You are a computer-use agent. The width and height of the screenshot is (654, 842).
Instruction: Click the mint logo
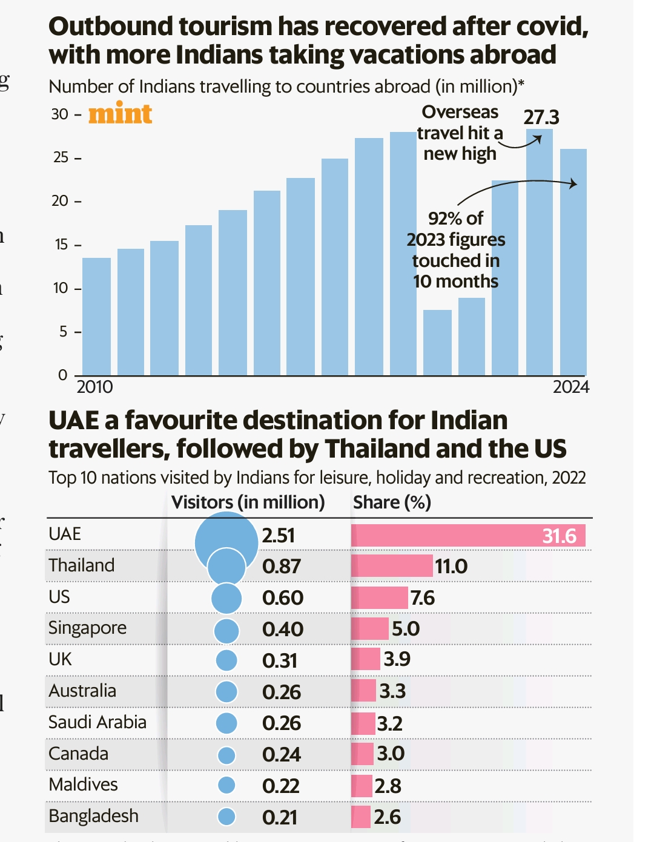pyautogui.click(x=120, y=114)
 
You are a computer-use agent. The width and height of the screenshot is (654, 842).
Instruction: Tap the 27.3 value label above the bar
pyautogui.click(x=541, y=117)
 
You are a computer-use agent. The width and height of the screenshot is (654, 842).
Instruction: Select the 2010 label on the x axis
pyautogui.click(x=94, y=387)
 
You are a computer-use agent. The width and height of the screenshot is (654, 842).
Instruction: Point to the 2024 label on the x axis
pyautogui.click(x=570, y=387)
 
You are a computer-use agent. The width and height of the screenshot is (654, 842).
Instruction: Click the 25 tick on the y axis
pyautogui.click(x=61, y=157)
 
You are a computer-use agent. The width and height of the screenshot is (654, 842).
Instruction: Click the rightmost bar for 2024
pyautogui.click(x=573, y=261)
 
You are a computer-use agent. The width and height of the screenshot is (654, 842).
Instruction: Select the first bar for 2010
pyautogui.click(x=96, y=316)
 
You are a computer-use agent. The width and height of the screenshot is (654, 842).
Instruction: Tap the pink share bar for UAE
pyautogui.click(x=467, y=536)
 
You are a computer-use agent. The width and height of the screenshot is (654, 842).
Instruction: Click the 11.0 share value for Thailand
pyautogui.click(x=451, y=567)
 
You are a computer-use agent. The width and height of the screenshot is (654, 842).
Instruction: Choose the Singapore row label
pyautogui.click(x=87, y=628)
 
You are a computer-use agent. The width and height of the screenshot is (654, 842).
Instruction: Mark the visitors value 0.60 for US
pyautogui.click(x=282, y=598)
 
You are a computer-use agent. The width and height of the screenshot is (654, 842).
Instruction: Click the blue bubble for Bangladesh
pyautogui.click(x=226, y=817)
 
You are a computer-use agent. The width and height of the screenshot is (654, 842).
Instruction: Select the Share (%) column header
pyautogui.click(x=392, y=502)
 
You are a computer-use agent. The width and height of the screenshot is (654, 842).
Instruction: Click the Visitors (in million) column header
pyautogui.click(x=248, y=502)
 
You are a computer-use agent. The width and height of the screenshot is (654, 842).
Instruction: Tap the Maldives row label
pyautogui.click(x=83, y=784)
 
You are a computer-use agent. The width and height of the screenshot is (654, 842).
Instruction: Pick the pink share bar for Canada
pyautogui.click(x=362, y=754)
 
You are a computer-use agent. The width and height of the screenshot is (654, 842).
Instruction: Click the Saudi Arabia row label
pyautogui.click(x=97, y=722)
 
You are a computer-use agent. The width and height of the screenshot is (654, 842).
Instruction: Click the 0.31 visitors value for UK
pyautogui.click(x=280, y=660)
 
